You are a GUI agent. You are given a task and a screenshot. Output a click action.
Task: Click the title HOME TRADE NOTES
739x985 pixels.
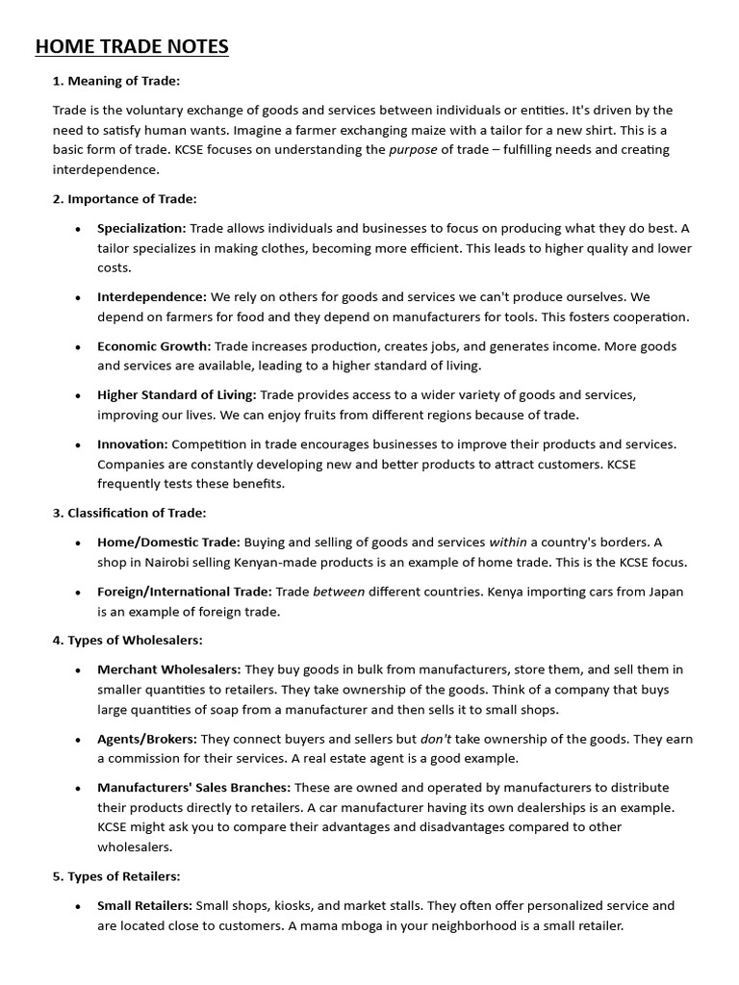tap(132, 46)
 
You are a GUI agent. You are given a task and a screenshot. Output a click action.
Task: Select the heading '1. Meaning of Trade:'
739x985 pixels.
tap(116, 81)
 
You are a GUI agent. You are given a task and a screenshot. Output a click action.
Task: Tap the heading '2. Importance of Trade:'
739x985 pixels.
tap(124, 199)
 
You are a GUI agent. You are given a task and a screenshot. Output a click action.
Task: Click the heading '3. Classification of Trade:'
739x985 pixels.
tap(129, 513)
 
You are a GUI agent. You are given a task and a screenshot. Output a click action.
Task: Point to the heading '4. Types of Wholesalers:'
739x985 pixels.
tap(127, 640)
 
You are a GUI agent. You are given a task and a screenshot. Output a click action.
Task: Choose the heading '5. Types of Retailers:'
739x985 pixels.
tap(116, 876)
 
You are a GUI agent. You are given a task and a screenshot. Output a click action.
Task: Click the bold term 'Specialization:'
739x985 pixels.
tap(141, 228)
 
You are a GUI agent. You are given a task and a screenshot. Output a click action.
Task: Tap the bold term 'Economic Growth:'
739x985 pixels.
tap(154, 345)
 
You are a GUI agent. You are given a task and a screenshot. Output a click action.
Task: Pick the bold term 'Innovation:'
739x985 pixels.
tap(133, 443)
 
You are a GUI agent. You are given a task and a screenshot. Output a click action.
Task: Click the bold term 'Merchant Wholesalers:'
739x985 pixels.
tap(169, 669)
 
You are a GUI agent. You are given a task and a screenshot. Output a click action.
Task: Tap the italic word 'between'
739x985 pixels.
tap(339, 592)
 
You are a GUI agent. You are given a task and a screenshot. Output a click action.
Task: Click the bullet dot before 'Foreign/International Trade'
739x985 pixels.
tap(77, 593)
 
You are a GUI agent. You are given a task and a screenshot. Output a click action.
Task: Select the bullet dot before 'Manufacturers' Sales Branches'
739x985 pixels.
tap(77, 788)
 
